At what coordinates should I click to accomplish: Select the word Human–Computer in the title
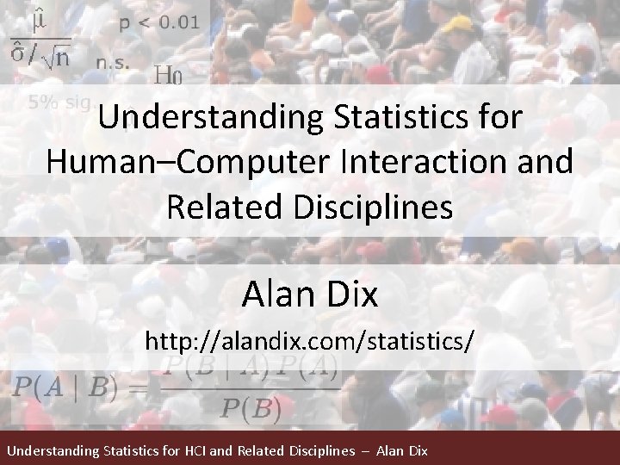[155, 162]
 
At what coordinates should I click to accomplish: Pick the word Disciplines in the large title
[371, 207]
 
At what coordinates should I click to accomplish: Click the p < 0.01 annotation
[158, 23]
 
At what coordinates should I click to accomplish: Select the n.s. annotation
[114, 61]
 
